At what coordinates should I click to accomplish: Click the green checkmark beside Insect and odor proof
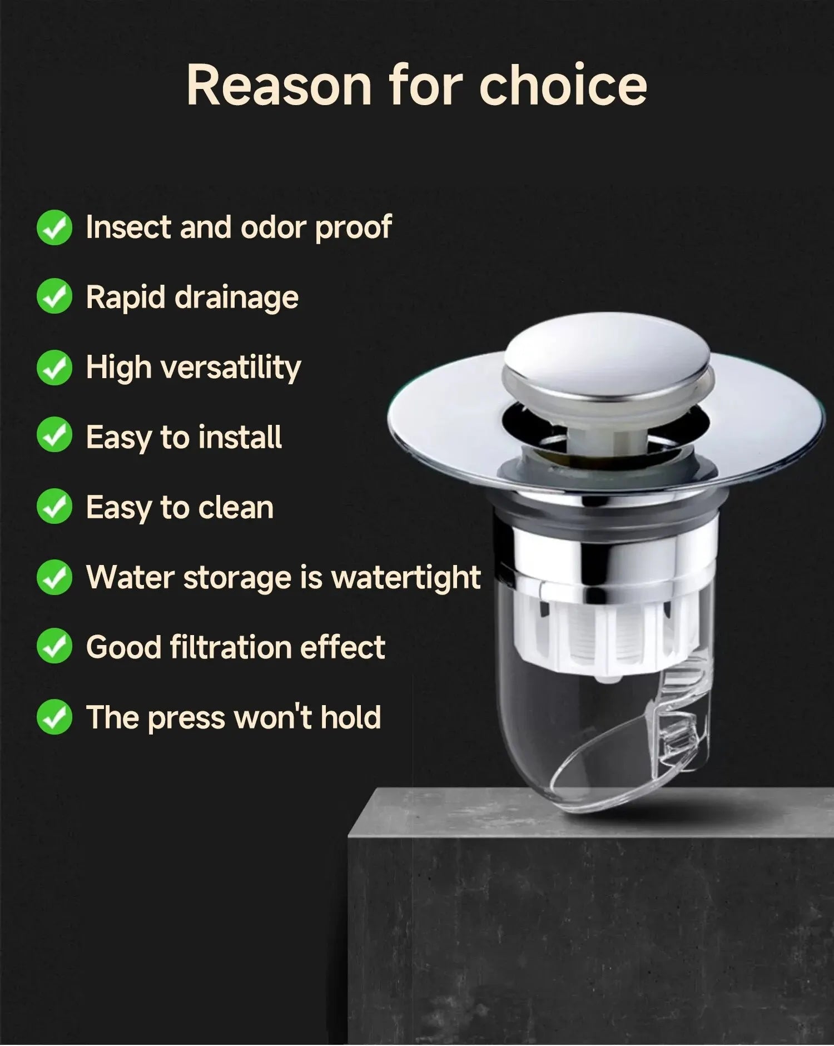(54, 227)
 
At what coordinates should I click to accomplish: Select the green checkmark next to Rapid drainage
(54, 297)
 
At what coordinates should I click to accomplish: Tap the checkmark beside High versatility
(54, 368)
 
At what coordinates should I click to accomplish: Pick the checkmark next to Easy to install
(54, 437)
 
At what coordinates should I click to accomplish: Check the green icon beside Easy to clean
(54, 507)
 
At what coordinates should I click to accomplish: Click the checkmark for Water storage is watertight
(54, 577)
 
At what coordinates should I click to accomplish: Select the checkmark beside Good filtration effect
(54, 647)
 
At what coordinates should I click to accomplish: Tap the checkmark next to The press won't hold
(54, 717)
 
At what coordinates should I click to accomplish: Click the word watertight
(406, 577)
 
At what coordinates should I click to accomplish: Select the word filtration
(231, 647)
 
